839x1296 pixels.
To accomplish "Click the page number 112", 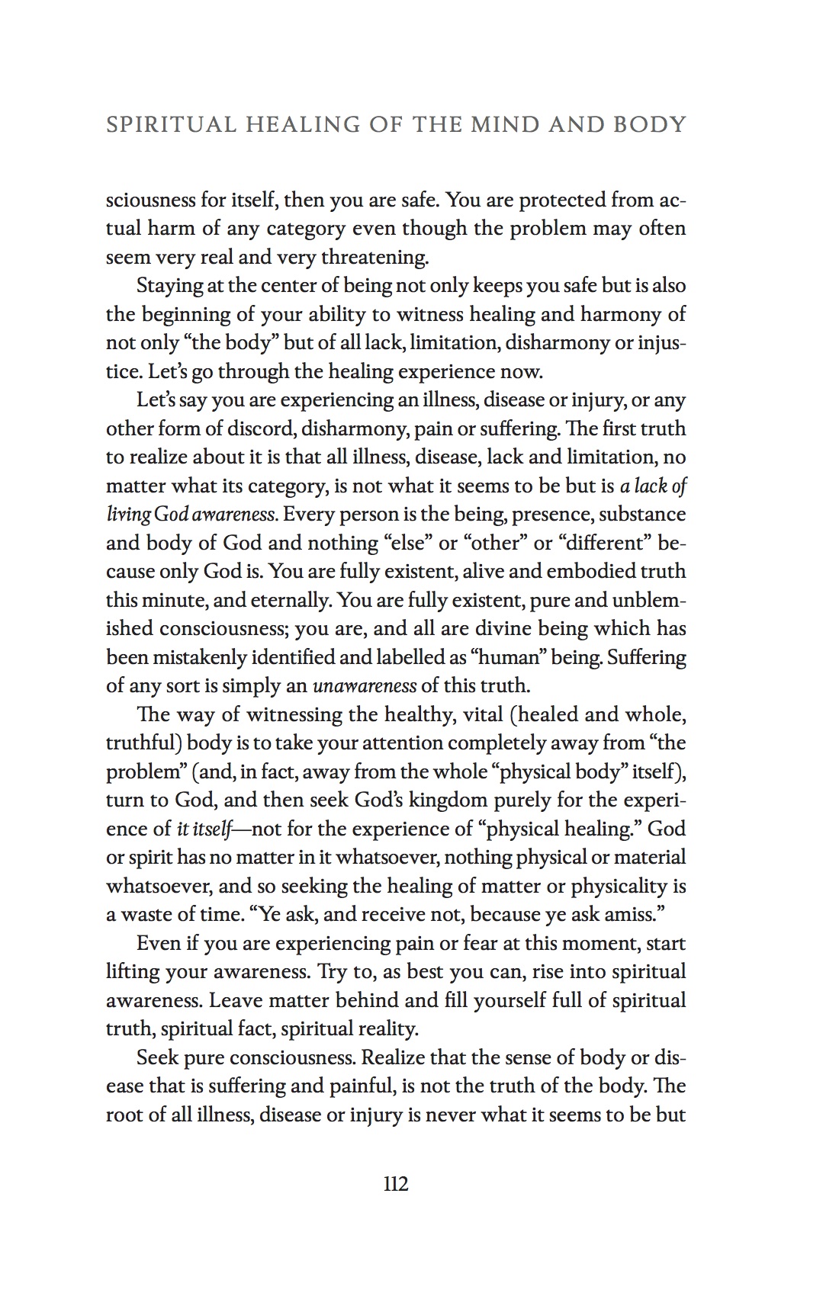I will [x=396, y=1184].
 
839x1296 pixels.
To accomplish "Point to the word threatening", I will [x=374, y=258].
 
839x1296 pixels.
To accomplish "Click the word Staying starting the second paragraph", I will [x=169, y=286].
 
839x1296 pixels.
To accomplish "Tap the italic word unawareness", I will [x=365, y=685].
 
